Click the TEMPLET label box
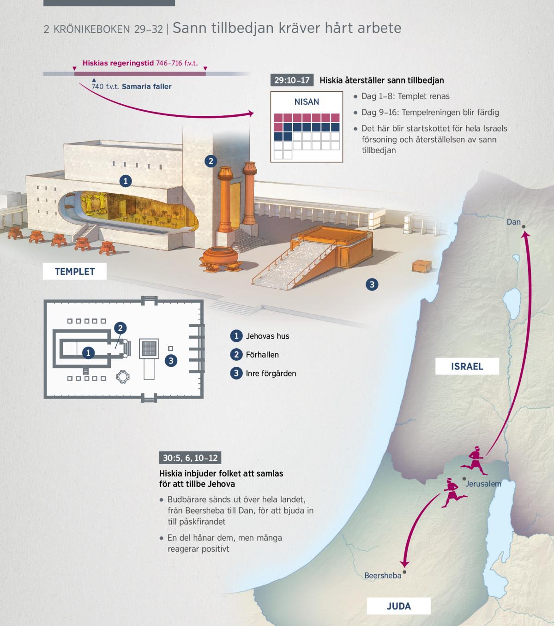point(74,271)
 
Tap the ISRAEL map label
point(467,366)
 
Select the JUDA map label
point(399,606)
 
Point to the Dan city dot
point(524,227)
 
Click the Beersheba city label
point(383,575)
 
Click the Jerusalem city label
point(483,483)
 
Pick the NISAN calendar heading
point(307,101)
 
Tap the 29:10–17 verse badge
point(292,80)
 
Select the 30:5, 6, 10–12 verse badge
point(190,458)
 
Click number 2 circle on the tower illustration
point(211,161)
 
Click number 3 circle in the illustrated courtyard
point(372,284)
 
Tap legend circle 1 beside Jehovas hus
point(236,336)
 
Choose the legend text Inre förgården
point(271,373)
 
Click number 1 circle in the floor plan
point(88,352)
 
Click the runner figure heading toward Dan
point(474,460)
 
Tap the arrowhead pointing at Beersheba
point(404,564)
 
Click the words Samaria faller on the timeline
point(147,87)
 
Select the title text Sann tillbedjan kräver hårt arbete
point(287,28)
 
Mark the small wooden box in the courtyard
point(422,266)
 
